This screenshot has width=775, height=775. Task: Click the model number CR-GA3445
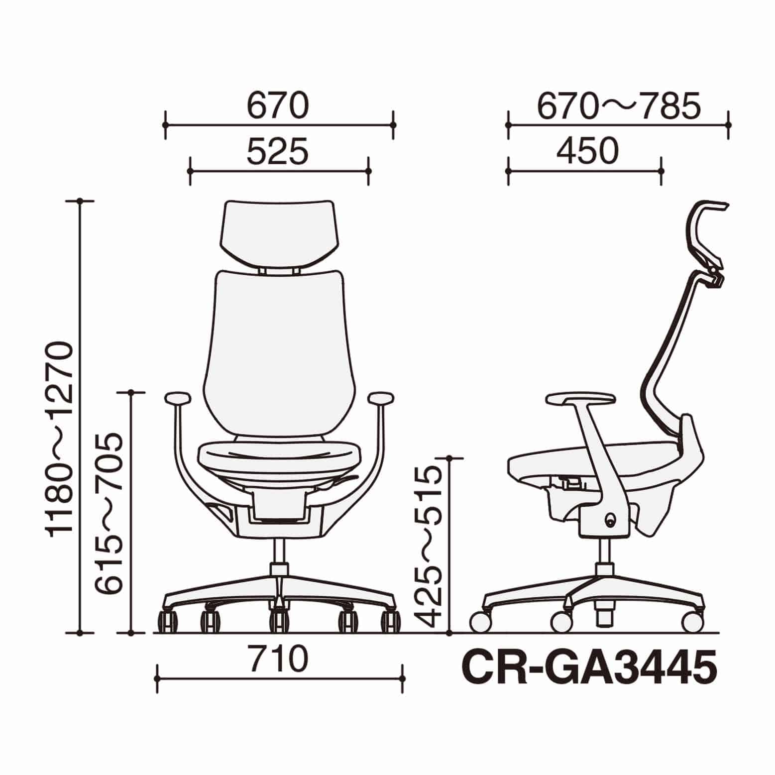[x=590, y=667]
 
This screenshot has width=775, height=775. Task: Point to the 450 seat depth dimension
[x=588, y=151]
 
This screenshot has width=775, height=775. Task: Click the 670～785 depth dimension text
[x=619, y=106]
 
